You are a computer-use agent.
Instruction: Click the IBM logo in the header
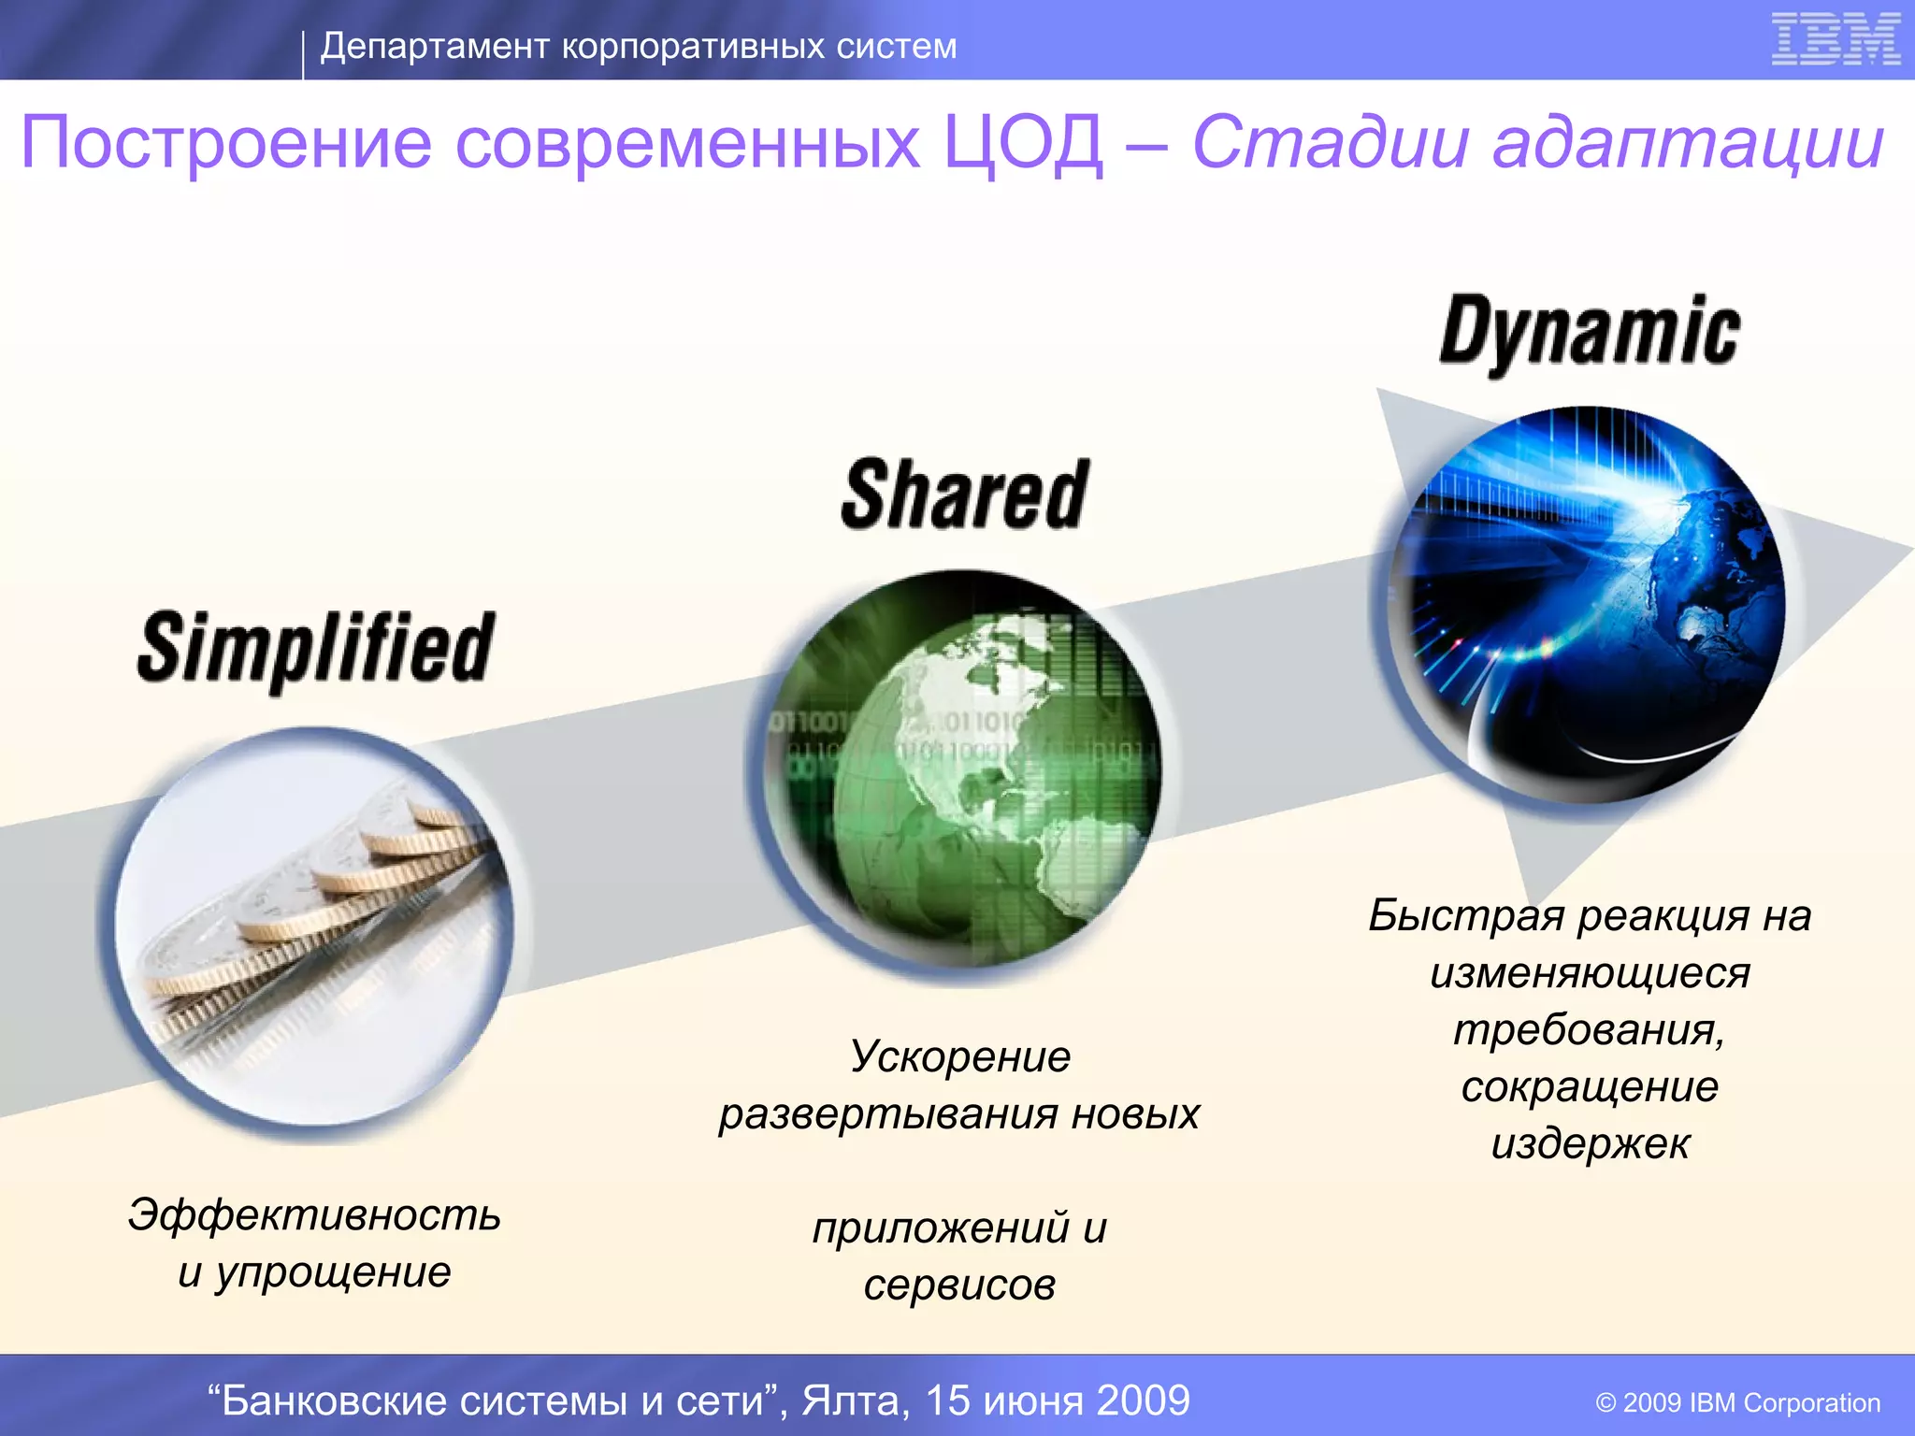pyautogui.click(x=1835, y=40)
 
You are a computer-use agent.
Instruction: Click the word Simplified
pyautogui.click(x=315, y=649)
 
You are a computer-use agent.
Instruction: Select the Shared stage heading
pyautogui.click(x=964, y=495)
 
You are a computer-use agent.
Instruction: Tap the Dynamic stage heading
pyautogui.click(x=1589, y=333)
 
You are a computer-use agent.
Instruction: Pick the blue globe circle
pyautogui.click(x=1587, y=605)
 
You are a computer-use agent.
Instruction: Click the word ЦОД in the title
pyautogui.click(x=1023, y=143)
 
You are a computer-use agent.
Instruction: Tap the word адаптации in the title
pyautogui.click(x=1687, y=143)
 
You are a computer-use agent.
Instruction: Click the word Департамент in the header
pyautogui.click(x=434, y=46)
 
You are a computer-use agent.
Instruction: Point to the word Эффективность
pyautogui.click(x=314, y=1214)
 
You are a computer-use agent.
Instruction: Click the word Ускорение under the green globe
pyautogui.click(x=959, y=1057)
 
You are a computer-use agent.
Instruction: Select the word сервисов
pyautogui.click(x=959, y=1285)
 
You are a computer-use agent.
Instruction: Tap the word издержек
pyautogui.click(x=1590, y=1143)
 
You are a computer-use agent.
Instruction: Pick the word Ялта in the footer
pyautogui.click(x=853, y=1400)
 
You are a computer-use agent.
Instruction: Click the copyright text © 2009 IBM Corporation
pyautogui.click(x=1737, y=1402)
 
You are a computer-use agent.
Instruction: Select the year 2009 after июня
pyautogui.click(x=1143, y=1400)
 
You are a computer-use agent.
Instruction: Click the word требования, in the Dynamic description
pyautogui.click(x=1589, y=1029)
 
